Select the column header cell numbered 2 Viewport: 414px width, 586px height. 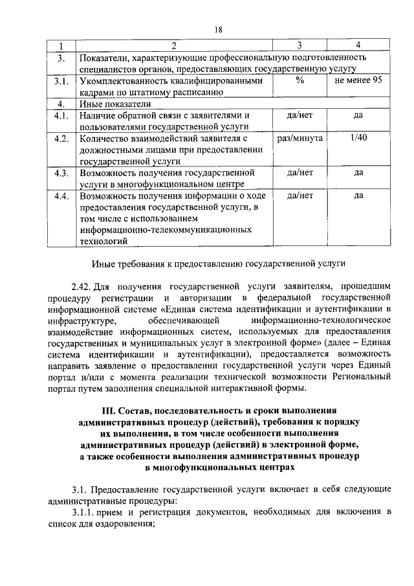tap(173, 46)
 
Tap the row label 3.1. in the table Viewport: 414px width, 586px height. tap(61, 82)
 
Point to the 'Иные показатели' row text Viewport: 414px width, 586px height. tap(115, 104)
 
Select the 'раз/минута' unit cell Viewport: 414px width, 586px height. tap(300, 139)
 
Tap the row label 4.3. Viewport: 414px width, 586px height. tap(61, 173)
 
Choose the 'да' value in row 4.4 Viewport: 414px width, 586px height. tap(358, 196)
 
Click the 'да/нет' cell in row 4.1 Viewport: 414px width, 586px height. tap(300, 115)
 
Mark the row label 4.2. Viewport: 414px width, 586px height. tap(61, 139)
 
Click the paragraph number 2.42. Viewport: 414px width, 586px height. tap(81, 285)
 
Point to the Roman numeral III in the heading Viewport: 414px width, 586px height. tap(111, 411)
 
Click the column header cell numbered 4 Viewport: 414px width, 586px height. tap(358, 46)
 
